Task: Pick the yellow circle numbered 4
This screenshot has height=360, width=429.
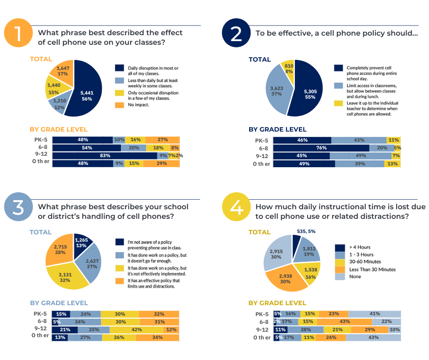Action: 236,208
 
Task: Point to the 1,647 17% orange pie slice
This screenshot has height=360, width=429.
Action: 63,71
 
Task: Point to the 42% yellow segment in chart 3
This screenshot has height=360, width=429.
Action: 135,329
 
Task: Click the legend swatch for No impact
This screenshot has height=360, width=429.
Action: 120,104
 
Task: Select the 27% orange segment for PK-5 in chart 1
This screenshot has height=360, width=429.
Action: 162,140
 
